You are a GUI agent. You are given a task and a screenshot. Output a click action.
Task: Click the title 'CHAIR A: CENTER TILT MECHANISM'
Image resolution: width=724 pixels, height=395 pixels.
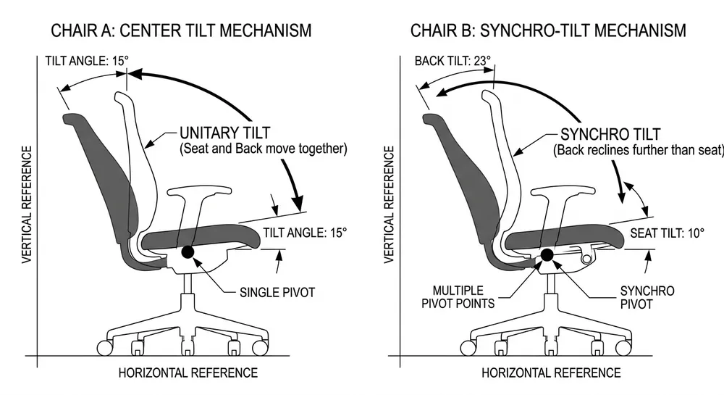(x=180, y=30)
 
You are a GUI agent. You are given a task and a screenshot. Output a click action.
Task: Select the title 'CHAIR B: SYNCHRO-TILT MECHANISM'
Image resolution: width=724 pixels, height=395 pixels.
(x=547, y=30)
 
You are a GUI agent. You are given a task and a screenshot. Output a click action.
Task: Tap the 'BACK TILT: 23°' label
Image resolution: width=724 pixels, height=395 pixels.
(x=452, y=60)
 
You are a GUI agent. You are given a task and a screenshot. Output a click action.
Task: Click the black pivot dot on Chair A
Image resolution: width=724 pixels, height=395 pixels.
(x=188, y=252)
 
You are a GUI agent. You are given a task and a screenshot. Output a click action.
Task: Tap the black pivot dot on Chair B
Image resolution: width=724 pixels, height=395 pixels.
(x=547, y=254)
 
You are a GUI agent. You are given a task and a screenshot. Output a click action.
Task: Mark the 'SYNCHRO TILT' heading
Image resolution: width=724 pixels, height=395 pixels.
(x=610, y=135)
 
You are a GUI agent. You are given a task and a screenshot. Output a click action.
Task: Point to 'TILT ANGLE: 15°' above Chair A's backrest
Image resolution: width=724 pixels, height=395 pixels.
(x=85, y=60)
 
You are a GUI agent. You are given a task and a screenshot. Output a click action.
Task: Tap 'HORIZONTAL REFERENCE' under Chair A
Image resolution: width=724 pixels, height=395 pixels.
(x=188, y=373)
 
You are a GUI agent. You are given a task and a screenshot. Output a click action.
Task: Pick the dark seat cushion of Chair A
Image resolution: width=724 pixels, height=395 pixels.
(x=195, y=236)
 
